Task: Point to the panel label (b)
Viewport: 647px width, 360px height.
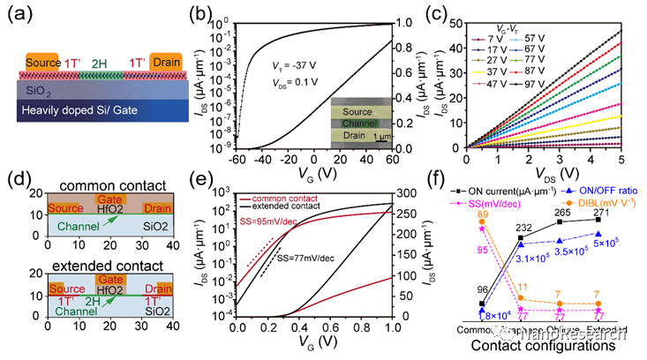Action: pyautogui.click(x=222, y=11)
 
